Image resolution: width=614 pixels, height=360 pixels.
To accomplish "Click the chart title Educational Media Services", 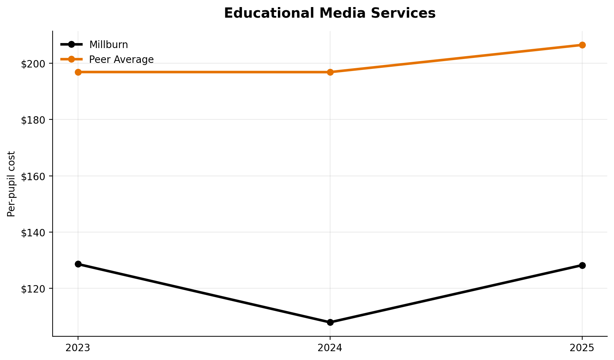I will (x=330, y=13).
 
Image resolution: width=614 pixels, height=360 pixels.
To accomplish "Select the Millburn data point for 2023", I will (x=78, y=264).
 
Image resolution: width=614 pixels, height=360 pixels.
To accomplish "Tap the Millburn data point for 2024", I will (x=330, y=322).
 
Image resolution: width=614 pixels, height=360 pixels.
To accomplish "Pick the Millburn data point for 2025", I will (x=582, y=265).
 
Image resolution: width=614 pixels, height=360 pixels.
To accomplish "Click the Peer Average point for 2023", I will (x=78, y=72).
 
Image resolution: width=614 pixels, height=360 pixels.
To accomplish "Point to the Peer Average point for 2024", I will (x=330, y=72).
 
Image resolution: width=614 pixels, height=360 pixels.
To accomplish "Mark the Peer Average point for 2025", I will (x=582, y=45).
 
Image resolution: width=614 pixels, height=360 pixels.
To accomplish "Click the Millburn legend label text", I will (x=108, y=45).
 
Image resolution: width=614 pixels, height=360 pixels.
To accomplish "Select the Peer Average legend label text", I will (x=121, y=59).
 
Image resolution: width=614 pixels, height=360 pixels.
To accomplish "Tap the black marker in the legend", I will (x=71, y=45).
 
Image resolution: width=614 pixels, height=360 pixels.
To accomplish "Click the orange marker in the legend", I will (x=71, y=59).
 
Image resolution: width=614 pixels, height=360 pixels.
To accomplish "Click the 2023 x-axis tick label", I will (x=78, y=348).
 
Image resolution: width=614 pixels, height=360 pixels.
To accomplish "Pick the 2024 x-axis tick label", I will (x=330, y=348).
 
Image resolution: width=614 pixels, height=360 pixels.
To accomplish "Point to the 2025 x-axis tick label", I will (x=582, y=348).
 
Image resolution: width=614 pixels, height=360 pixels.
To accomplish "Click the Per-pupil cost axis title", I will (x=11, y=184).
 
